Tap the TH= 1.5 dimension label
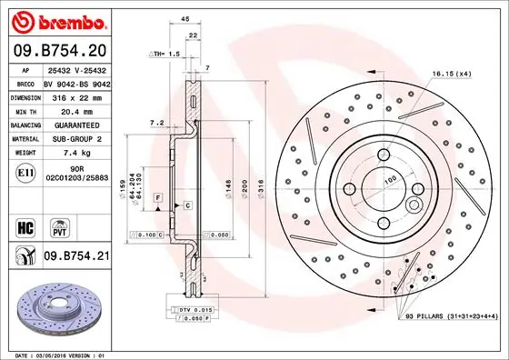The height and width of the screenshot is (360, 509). (x=166, y=55)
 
